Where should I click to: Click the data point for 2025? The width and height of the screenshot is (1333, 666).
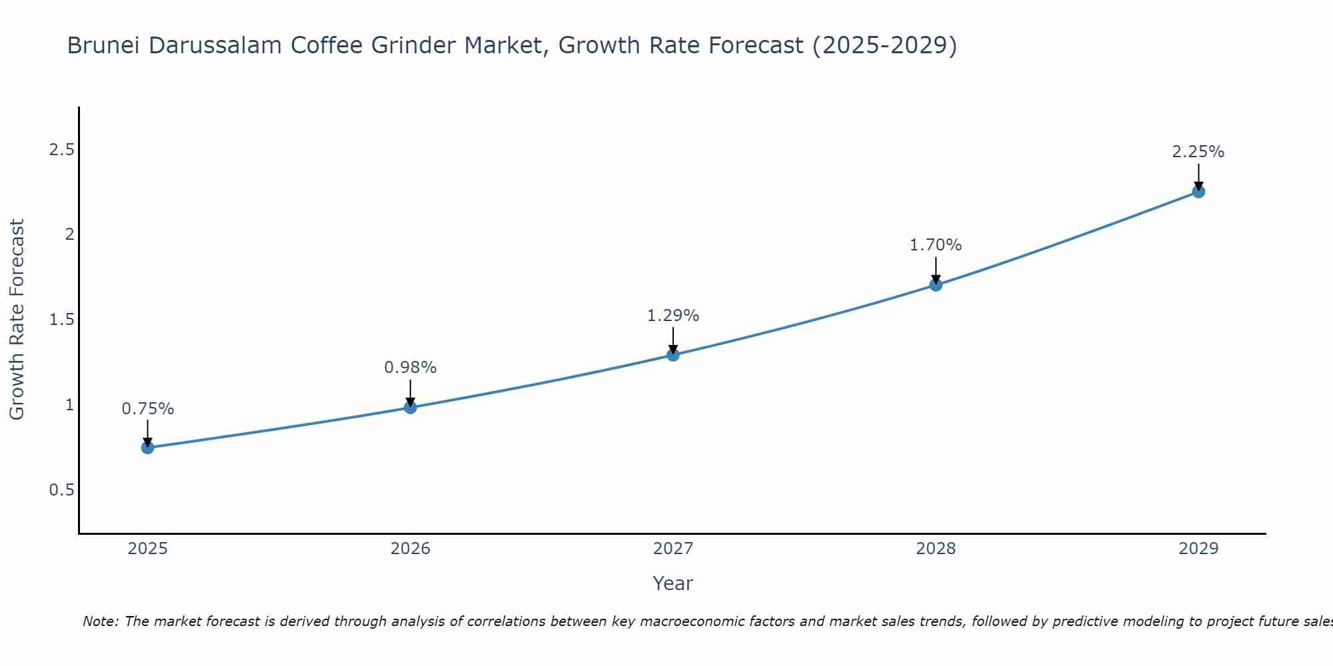pyautogui.click(x=148, y=448)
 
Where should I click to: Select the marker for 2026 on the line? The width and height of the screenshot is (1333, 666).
pyautogui.click(x=411, y=407)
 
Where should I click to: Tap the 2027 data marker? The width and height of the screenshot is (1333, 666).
pyautogui.click(x=673, y=355)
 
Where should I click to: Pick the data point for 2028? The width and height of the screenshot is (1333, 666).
pyautogui.click(x=936, y=285)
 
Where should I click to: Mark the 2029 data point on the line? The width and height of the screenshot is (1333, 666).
pyautogui.click(x=1198, y=192)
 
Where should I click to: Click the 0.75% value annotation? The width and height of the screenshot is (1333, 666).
pyautogui.click(x=148, y=409)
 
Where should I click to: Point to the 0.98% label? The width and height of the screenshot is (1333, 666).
pyautogui.click(x=411, y=368)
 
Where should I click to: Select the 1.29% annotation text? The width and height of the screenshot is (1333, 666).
pyautogui.click(x=673, y=316)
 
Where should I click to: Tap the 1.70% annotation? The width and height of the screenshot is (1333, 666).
pyautogui.click(x=936, y=245)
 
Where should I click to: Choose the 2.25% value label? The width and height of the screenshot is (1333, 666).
pyautogui.click(x=1198, y=152)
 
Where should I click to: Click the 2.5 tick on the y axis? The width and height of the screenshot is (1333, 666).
pyautogui.click(x=61, y=150)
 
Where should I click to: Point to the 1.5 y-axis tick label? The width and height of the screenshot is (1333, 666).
pyautogui.click(x=61, y=320)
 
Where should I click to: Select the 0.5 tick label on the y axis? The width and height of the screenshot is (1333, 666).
pyautogui.click(x=61, y=490)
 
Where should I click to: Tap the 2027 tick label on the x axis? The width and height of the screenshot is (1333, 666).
pyautogui.click(x=673, y=549)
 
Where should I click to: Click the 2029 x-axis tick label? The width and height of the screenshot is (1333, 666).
pyautogui.click(x=1198, y=549)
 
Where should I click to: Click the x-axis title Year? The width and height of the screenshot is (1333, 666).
pyautogui.click(x=673, y=583)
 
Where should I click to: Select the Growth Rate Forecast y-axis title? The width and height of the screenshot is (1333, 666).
pyautogui.click(x=17, y=320)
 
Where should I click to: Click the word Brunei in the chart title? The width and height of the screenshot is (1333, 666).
pyautogui.click(x=104, y=45)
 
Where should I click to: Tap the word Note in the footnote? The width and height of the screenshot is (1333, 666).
pyautogui.click(x=100, y=621)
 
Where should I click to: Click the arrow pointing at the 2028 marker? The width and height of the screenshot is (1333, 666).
pyautogui.click(x=936, y=270)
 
